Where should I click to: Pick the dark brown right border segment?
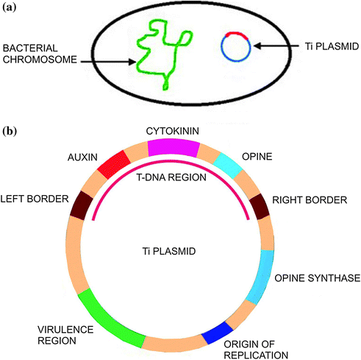pos(260,207)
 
